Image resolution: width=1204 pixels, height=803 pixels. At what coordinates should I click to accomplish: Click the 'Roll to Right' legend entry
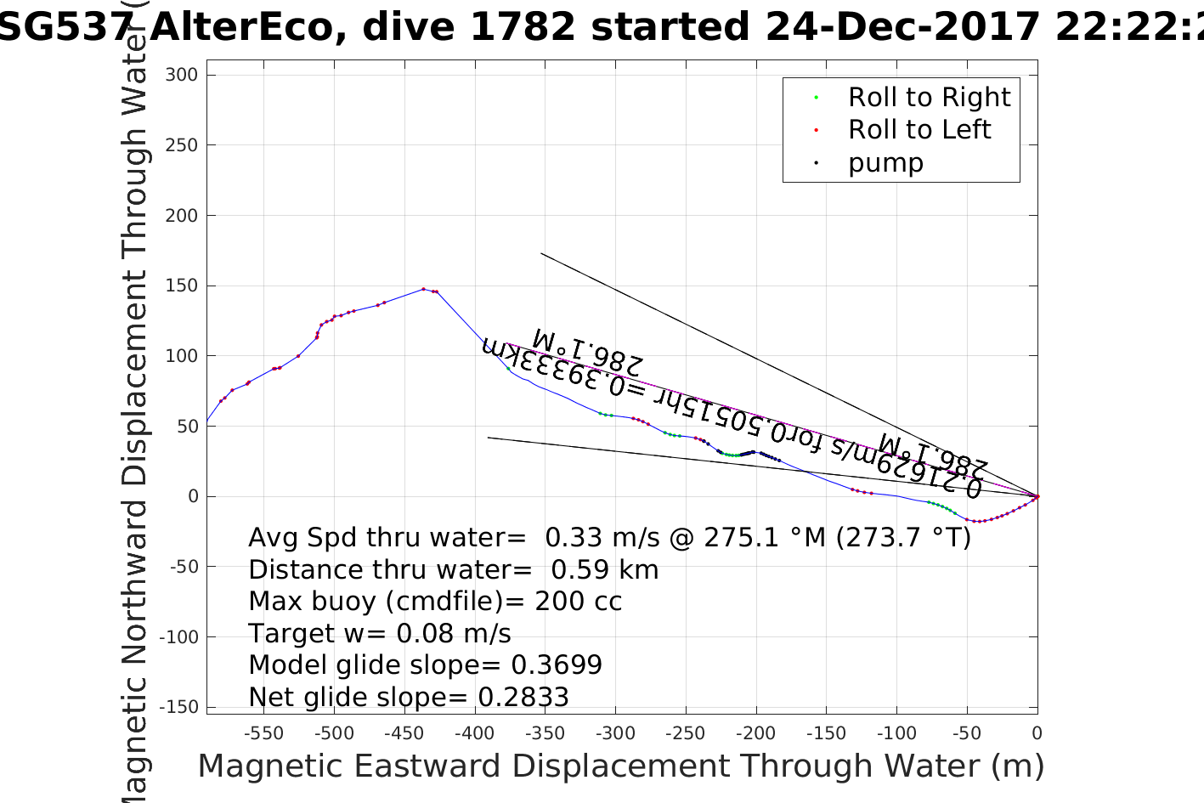click(x=929, y=98)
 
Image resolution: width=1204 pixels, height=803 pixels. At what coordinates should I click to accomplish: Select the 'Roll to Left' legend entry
click(x=919, y=130)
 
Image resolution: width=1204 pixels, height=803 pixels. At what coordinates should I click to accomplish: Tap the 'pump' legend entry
click(x=885, y=162)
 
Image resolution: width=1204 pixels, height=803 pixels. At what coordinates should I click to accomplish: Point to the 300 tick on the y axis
click(x=182, y=75)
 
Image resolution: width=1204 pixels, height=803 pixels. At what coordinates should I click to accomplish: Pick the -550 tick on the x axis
click(x=263, y=733)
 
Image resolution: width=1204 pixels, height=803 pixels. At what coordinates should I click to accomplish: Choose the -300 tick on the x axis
click(x=614, y=733)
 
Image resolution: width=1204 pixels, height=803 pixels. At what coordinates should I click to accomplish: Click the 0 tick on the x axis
click(x=1037, y=733)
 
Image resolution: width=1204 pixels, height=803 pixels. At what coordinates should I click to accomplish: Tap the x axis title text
click(x=620, y=766)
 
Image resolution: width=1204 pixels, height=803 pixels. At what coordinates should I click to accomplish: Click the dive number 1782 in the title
click(x=523, y=27)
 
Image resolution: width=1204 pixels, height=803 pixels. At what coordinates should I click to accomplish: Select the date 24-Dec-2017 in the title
click(x=902, y=27)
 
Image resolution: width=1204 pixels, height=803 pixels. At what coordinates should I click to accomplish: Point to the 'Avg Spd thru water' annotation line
click(x=608, y=538)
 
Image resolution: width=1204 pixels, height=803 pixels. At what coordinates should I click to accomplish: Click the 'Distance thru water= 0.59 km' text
click(x=453, y=569)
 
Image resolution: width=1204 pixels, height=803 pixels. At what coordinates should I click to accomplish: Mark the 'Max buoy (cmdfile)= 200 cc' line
click(x=435, y=602)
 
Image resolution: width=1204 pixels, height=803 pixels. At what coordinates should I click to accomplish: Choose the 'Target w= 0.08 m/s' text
click(x=380, y=634)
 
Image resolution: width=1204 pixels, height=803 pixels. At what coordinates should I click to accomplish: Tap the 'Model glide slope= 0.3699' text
click(x=425, y=665)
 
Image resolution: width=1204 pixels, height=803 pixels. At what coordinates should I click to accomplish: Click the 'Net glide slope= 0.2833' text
click(x=408, y=698)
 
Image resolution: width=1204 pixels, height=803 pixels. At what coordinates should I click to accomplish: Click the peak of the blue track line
click(x=423, y=289)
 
